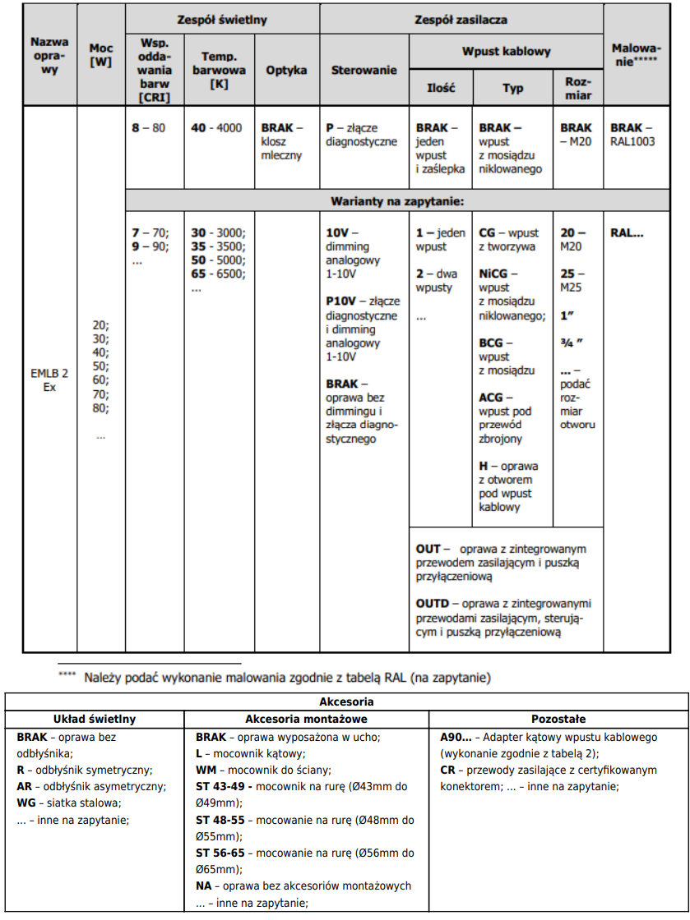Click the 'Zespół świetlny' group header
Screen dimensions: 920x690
(x=222, y=18)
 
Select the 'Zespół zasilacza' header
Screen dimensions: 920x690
(x=461, y=18)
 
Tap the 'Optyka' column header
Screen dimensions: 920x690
(x=286, y=70)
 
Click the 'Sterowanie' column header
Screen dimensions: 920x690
(x=364, y=70)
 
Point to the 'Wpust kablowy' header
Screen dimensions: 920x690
(x=506, y=51)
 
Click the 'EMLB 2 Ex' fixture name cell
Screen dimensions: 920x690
(x=49, y=379)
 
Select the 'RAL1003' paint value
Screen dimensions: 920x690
(x=632, y=141)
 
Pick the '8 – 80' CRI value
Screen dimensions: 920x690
(x=148, y=128)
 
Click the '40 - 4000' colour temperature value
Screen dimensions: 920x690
(x=216, y=128)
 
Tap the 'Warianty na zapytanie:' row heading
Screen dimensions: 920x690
(x=397, y=200)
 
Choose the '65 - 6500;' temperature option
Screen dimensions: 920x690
(x=218, y=274)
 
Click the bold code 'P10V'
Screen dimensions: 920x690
(x=342, y=301)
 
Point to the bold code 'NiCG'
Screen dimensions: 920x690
(x=493, y=274)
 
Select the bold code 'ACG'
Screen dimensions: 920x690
(x=491, y=398)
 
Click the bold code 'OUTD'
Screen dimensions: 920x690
(x=433, y=603)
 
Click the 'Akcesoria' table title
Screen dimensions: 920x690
(x=346, y=701)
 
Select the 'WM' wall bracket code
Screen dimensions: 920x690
(x=206, y=770)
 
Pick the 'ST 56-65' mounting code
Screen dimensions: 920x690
(x=220, y=853)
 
